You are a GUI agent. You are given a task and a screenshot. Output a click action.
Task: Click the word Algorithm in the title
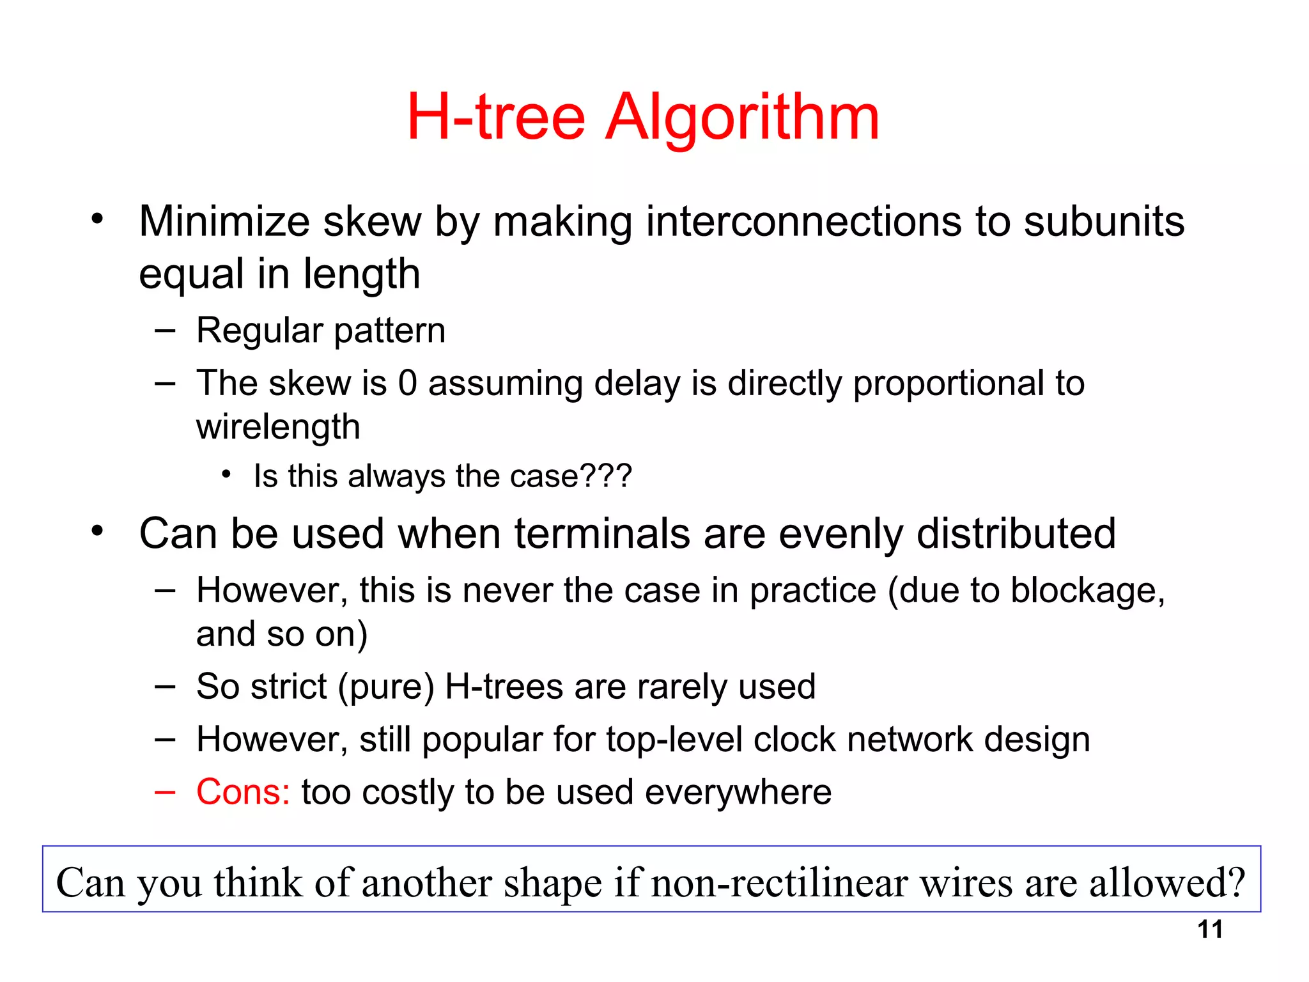[742, 118]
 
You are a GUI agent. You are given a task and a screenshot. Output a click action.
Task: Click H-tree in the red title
[496, 118]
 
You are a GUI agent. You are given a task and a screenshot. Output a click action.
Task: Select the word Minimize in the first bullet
[224, 222]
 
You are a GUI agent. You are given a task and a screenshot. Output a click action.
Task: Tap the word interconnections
[804, 222]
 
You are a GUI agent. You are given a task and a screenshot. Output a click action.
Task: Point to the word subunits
[1104, 222]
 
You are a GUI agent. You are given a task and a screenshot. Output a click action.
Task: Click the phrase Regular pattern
[320, 331]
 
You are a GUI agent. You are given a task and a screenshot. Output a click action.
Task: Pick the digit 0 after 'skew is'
[408, 384]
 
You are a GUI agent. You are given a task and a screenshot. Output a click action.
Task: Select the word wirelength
[278, 427]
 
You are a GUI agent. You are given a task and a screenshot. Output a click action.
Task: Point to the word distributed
[1016, 534]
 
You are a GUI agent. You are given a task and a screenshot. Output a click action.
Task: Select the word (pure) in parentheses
[386, 687]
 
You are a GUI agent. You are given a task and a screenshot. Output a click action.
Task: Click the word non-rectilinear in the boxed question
[779, 883]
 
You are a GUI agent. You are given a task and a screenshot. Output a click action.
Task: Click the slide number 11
[1210, 930]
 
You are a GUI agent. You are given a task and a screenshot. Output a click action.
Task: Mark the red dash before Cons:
[164, 792]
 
